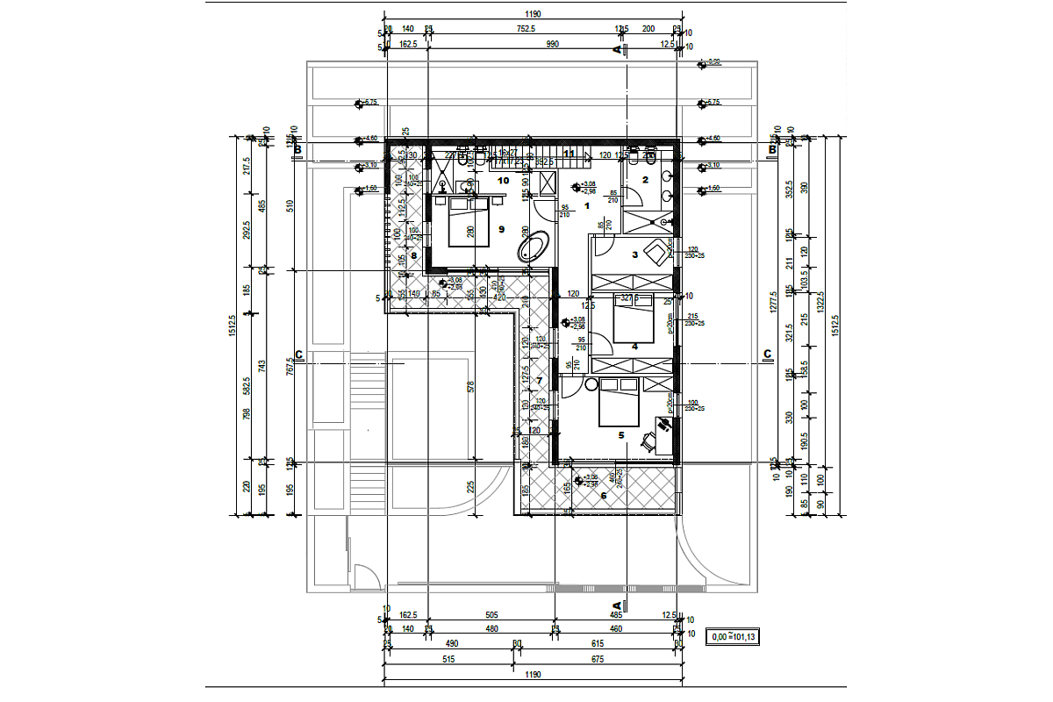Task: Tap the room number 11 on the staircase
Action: click(569, 154)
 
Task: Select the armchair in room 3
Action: click(654, 254)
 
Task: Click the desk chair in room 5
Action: click(648, 442)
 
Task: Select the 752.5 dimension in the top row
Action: click(525, 29)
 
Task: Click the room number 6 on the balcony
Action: click(603, 495)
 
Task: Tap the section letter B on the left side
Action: click(298, 151)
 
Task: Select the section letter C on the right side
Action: click(767, 355)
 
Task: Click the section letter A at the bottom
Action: click(616, 605)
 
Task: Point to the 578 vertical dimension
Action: click(471, 386)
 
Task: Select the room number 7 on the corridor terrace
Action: click(539, 379)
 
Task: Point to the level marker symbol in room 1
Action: click(576, 186)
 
